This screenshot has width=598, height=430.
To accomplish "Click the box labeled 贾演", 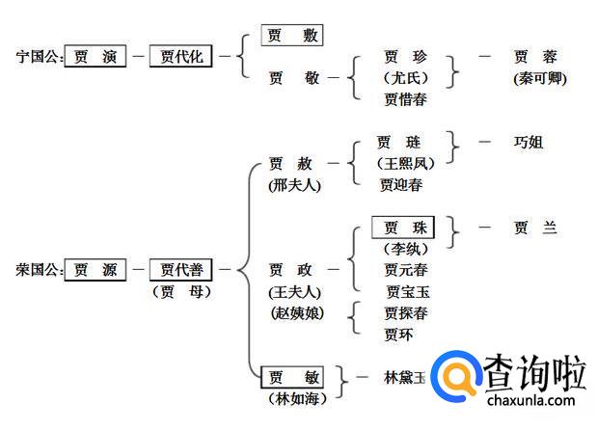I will pyautogui.click(x=95, y=57).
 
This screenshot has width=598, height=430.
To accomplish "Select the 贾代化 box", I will pyautogui.click(x=180, y=57).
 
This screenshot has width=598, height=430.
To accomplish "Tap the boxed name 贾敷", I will pyautogui.click(x=291, y=36).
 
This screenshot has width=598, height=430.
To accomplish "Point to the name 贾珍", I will pyautogui.click(x=404, y=57).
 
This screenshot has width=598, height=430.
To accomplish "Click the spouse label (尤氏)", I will pyautogui.click(x=404, y=78).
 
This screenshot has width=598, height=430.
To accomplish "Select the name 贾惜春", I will pyautogui.click(x=404, y=98).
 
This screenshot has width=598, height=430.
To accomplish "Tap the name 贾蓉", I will pyautogui.click(x=535, y=57).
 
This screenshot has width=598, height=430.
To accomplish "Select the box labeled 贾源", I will pyautogui.click(x=95, y=271).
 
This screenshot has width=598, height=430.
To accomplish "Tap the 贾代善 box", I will pyautogui.click(x=180, y=271).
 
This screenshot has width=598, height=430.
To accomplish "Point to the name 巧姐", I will pyautogui.click(x=529, y=142).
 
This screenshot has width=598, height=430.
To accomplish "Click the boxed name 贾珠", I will pyautogui.click(x=403, y=228).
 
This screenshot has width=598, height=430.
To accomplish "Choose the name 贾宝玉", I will pyautogui.click(x=408, y=291).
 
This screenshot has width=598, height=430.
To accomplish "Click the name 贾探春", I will pyautogui.click(x=405, y=313).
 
